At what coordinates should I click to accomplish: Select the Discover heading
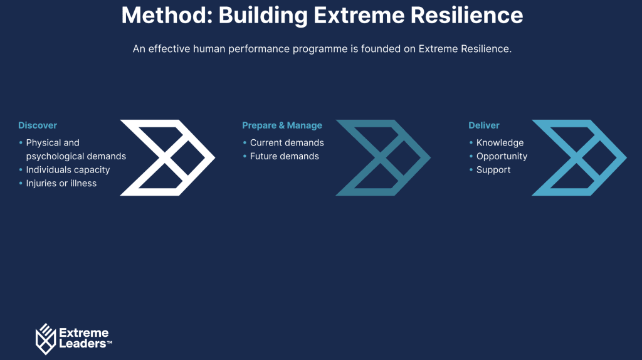[38, 125]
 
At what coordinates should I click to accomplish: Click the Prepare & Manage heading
[282, 125]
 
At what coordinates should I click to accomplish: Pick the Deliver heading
[484, 125]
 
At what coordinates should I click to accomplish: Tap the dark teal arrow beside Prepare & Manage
[383, 157]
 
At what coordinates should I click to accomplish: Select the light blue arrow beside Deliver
[579, 157]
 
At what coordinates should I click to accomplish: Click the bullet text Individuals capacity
[68, 170]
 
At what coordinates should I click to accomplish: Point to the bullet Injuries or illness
[61, 183]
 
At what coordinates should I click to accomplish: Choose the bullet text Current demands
[287, 143]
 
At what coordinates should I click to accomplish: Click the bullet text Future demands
[284, 156]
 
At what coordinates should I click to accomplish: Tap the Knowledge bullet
[500, 143]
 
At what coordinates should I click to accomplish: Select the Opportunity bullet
[502, 156]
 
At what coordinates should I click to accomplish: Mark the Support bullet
[493, 170]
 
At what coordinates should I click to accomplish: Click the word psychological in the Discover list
[53, 156]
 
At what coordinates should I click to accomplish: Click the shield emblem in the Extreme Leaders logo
[46, 339]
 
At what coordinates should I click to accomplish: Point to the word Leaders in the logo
[82, 344]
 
